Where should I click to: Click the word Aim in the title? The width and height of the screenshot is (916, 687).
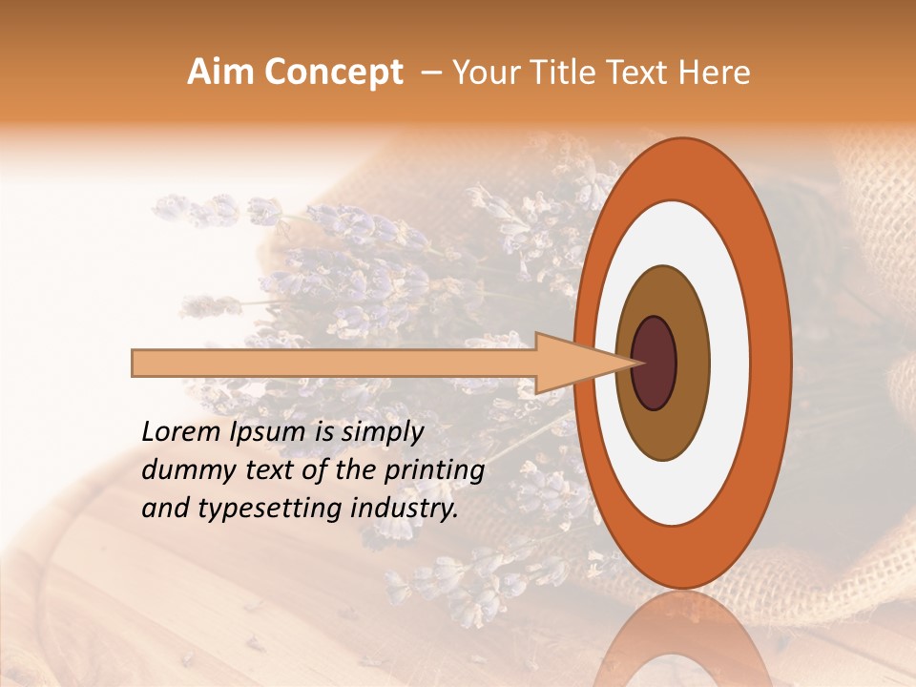pyautogui.click(x=219, y=73)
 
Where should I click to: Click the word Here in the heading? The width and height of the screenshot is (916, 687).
pyautogui.click(x=716, y=73)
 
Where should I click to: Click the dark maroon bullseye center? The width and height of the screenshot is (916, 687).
pyautogui.click(x=654, y=363)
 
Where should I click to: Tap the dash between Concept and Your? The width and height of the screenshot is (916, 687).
pyautogui.click(x=430, y=73)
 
